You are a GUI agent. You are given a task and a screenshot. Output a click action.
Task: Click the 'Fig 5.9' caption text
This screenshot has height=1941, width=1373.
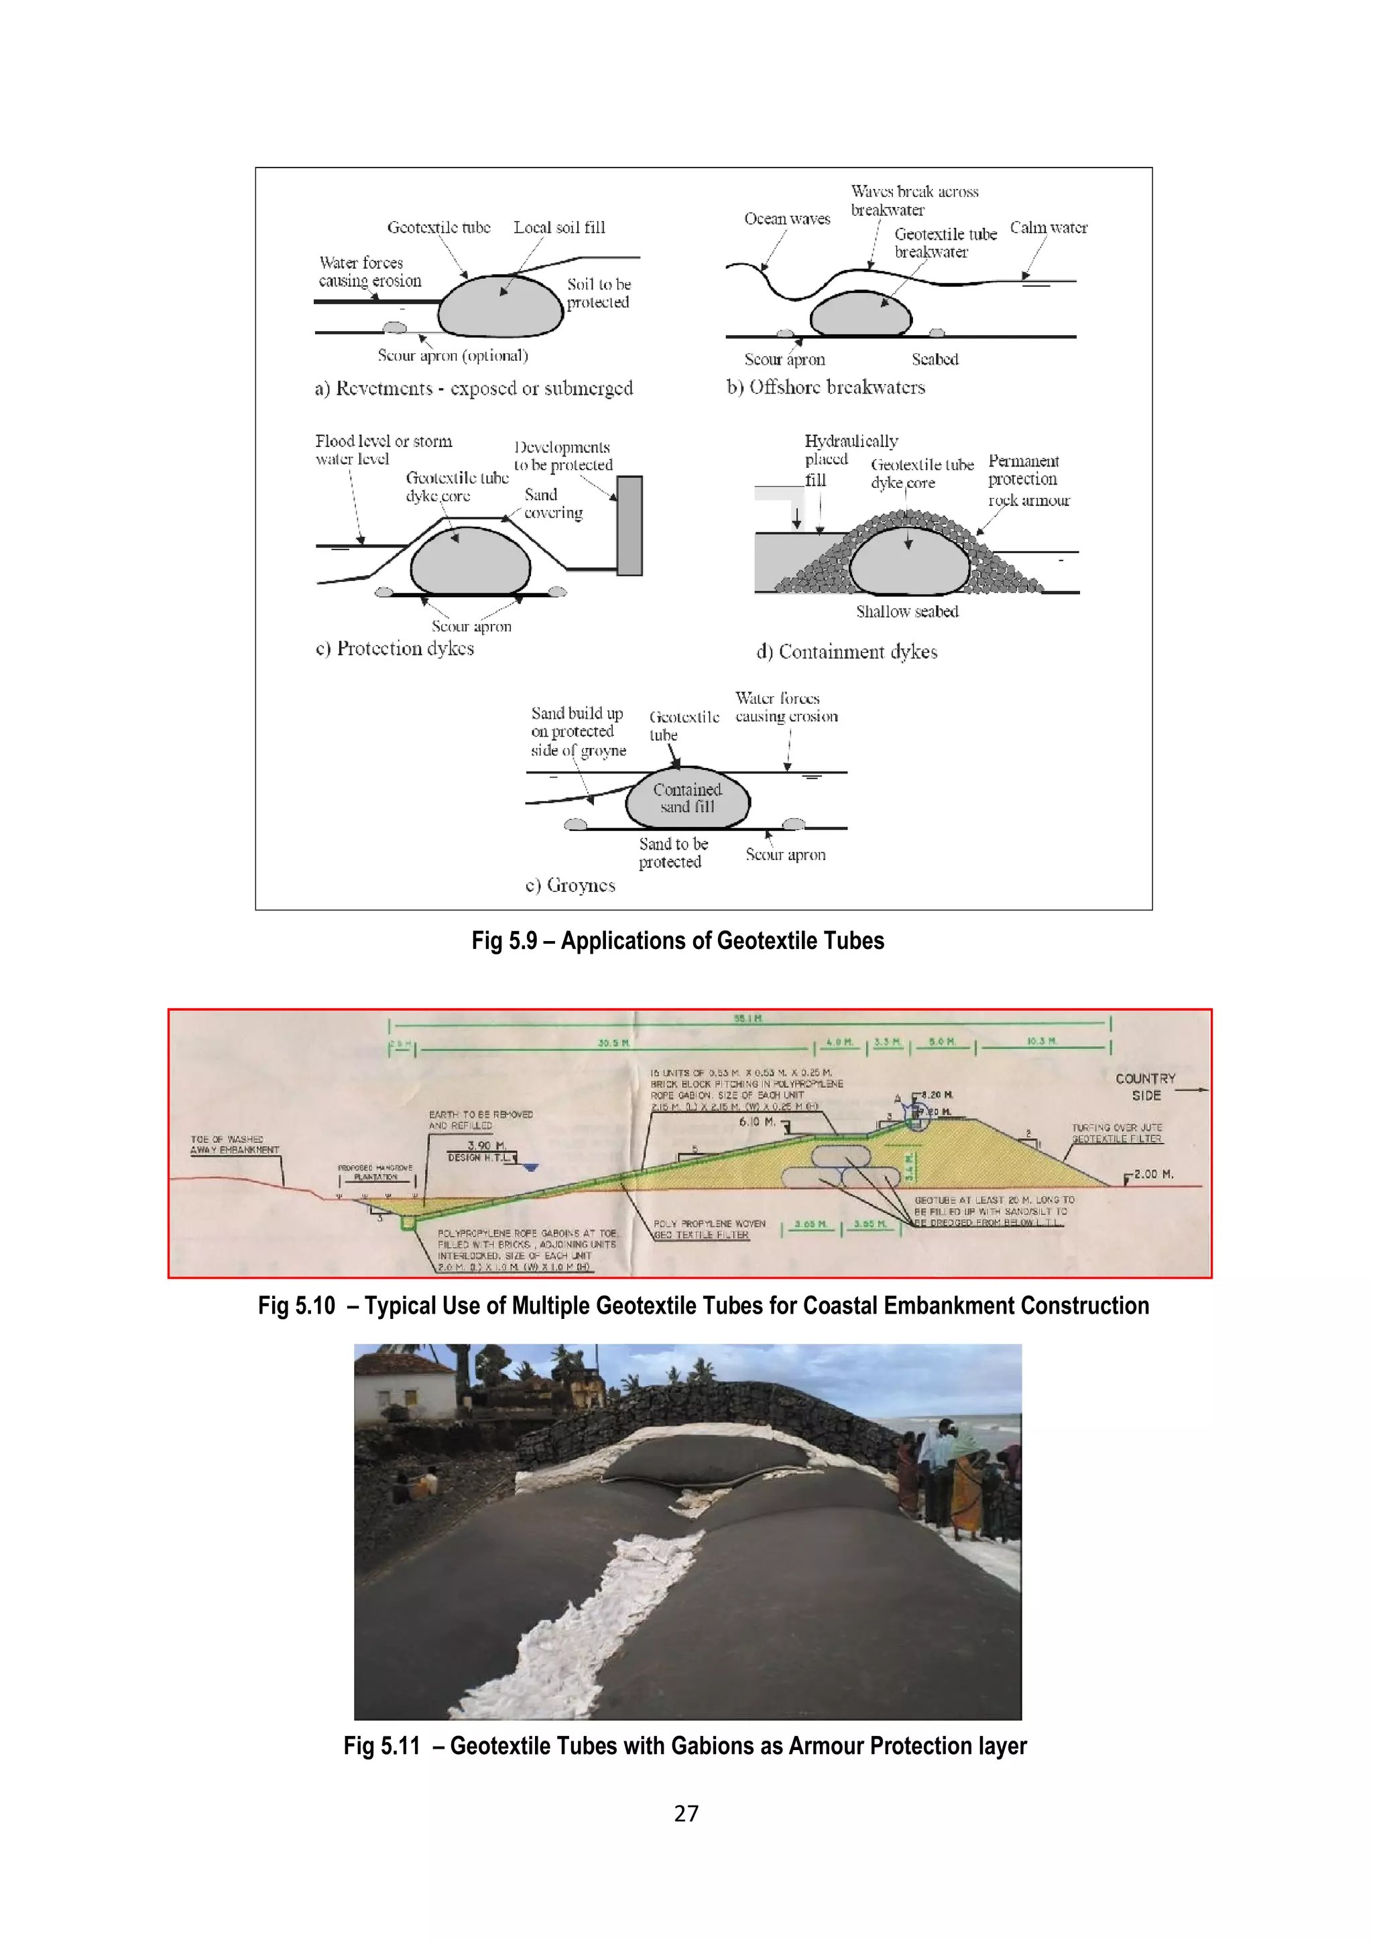pos(677,941)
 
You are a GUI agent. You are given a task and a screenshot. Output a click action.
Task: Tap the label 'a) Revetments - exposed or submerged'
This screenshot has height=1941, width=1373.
pos(473,388)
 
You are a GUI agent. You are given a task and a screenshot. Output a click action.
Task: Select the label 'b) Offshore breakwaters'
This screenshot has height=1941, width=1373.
pos(825,387)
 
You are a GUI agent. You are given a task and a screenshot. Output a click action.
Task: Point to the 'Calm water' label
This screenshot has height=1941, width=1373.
pos(1049,227)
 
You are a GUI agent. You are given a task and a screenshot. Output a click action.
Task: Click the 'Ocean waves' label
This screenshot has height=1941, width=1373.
pos(786,219)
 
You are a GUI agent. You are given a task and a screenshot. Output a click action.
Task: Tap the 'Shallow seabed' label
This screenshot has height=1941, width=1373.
pos(906,611)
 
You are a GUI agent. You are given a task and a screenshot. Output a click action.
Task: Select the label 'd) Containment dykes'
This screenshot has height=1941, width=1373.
pos(846,651)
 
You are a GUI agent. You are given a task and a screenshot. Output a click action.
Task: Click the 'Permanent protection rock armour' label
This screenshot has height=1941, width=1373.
pos(1027,480)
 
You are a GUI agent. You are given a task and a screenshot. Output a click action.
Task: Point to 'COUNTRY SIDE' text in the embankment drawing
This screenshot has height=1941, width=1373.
pos(1146,1087)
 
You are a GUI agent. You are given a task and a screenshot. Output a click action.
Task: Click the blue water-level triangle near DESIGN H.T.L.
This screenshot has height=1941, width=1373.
pos(530,1168)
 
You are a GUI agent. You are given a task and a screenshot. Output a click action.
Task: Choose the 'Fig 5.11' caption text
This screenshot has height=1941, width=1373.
pos(684,1746)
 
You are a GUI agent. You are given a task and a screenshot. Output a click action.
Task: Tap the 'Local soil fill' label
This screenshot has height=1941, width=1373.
pos(559,227)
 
